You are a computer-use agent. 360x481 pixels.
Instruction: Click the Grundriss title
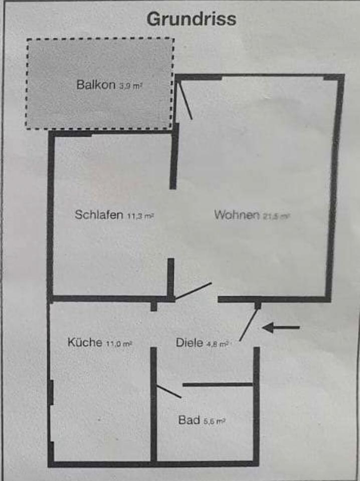click(191, 19)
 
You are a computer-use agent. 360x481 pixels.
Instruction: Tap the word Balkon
click(96, 85)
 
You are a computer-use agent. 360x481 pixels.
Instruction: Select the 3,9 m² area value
click(130, 86)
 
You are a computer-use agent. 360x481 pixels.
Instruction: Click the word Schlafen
click(99, 215)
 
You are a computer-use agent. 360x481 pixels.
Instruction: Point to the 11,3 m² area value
click(139, 216)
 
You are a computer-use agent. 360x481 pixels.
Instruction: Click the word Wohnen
click(236, 215)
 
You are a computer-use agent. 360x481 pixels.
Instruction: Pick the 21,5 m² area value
click(276, 216)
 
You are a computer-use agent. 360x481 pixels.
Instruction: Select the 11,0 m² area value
click(119, 344)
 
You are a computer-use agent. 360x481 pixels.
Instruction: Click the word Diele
click(189, 343)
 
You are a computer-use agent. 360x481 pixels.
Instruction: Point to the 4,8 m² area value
click(218, 344)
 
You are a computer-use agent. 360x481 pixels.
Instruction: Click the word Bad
click(189, 420)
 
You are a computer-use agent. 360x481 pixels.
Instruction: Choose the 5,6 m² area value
click(215, 421)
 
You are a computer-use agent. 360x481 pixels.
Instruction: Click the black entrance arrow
click(281, 328)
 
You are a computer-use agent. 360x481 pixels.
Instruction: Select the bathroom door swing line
click(169, 391)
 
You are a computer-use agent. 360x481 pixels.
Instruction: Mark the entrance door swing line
click(249, 324)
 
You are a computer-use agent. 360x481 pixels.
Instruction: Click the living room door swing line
click(194, 291)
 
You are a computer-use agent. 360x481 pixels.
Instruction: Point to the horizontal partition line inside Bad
click(217, 385)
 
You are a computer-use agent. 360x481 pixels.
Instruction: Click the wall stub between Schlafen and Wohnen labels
click(171, 277)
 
